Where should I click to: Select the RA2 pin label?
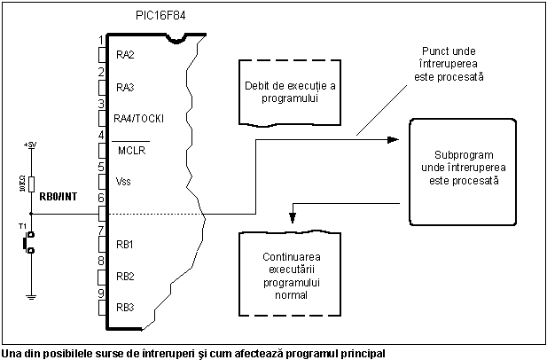(x=125, y=55)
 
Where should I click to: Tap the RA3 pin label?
(x=125, y=87)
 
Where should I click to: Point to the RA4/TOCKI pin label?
(x=139, y=119)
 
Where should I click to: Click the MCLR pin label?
(x=131, y=150)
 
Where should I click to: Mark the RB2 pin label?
(x=125, y=276)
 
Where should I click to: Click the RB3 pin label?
(x=125, y=308)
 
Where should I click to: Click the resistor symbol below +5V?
(x=32, y=184)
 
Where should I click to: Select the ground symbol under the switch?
(x=32, y=297)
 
